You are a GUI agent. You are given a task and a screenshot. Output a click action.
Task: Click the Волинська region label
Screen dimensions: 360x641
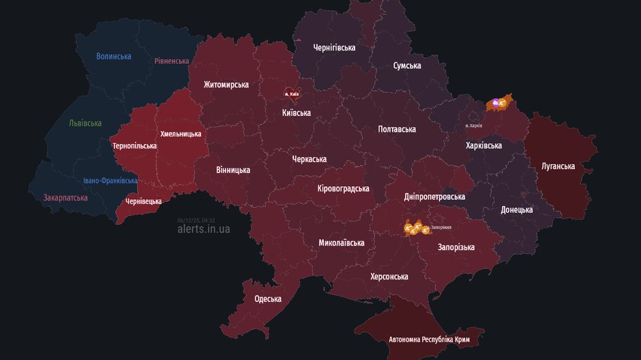(113, 56)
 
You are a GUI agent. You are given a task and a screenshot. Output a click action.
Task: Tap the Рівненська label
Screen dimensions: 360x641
(171, 61)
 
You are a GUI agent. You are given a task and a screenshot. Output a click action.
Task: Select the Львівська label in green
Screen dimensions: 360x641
(85, 123)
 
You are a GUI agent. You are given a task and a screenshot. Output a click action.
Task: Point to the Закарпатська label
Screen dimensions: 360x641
(65, 198)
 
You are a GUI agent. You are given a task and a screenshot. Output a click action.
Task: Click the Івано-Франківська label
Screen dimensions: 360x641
(110, 181)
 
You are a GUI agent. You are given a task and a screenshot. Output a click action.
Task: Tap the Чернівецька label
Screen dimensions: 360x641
(144, 201)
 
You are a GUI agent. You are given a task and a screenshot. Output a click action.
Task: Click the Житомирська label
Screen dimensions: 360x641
(226, 85)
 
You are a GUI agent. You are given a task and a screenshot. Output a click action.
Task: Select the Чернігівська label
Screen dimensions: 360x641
(334, 47)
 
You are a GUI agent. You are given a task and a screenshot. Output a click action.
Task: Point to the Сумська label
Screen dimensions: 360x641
(407, 65)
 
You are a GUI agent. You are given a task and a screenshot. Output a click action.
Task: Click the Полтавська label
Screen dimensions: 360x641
(398, 129)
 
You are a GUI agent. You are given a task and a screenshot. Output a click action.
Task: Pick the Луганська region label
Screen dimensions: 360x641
(558, 166)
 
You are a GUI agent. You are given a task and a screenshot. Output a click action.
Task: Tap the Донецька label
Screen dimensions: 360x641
(516, 209)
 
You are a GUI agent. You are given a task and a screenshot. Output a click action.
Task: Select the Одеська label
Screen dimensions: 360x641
(268, 299)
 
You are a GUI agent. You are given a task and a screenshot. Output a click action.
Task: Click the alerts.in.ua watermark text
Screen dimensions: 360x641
(203, 229)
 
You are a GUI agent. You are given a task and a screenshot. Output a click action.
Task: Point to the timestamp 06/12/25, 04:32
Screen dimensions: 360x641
(196, 220)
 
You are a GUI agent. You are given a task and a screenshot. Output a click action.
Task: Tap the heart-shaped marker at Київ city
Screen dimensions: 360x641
(291, 93)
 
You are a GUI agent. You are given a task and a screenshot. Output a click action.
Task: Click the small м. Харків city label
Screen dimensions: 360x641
(473, 125)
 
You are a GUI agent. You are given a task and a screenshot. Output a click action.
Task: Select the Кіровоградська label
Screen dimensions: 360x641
(343, 188)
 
